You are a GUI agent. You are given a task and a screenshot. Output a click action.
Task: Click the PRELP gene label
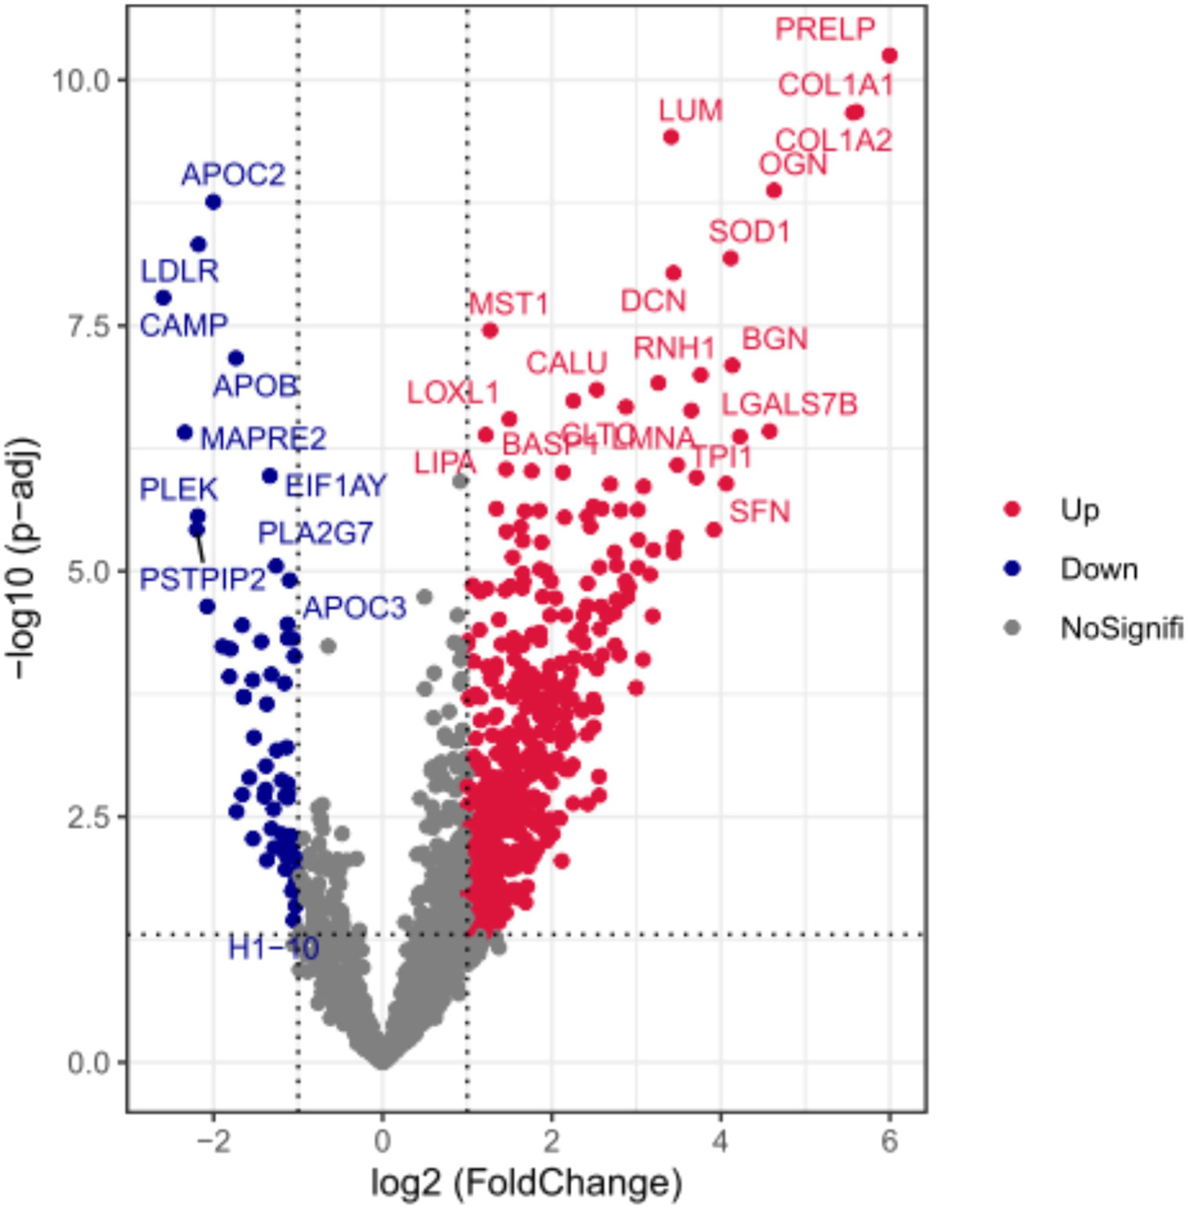(x=824, y=30)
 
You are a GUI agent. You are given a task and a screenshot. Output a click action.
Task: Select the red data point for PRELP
(x=888, y=56)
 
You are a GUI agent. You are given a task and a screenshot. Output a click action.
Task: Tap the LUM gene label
(x=690, y=111)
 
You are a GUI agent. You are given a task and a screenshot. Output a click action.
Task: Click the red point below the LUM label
(x=670, y=138)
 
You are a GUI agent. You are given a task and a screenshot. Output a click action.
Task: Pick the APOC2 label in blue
(x=233, y=174)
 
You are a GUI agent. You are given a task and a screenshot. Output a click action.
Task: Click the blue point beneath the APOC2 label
(x=213, y=203)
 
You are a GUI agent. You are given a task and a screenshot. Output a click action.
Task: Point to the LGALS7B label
(x=788, y=405)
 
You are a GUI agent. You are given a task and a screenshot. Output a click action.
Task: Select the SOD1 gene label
(x=748, y=232)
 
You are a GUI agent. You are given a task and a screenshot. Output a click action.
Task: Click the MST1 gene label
(x=508, y=304)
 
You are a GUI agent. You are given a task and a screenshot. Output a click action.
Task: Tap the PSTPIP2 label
(x=203, y=580)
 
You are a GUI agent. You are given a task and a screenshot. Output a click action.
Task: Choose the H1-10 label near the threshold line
(x=273, y=949)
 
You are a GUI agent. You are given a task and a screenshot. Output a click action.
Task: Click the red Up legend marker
(x=1012, y=510)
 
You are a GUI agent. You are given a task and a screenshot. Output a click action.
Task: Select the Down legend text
(x=1098, y=569)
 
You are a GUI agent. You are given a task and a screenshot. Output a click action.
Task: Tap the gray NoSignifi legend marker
(x=1012, y=628)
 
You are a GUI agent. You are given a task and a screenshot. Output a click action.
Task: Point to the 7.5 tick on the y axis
(x=88, y=326)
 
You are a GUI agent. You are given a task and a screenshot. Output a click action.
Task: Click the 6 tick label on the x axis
(x=888, y=1143)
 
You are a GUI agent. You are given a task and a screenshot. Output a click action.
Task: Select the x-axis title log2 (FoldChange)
(x=526, y=1183)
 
